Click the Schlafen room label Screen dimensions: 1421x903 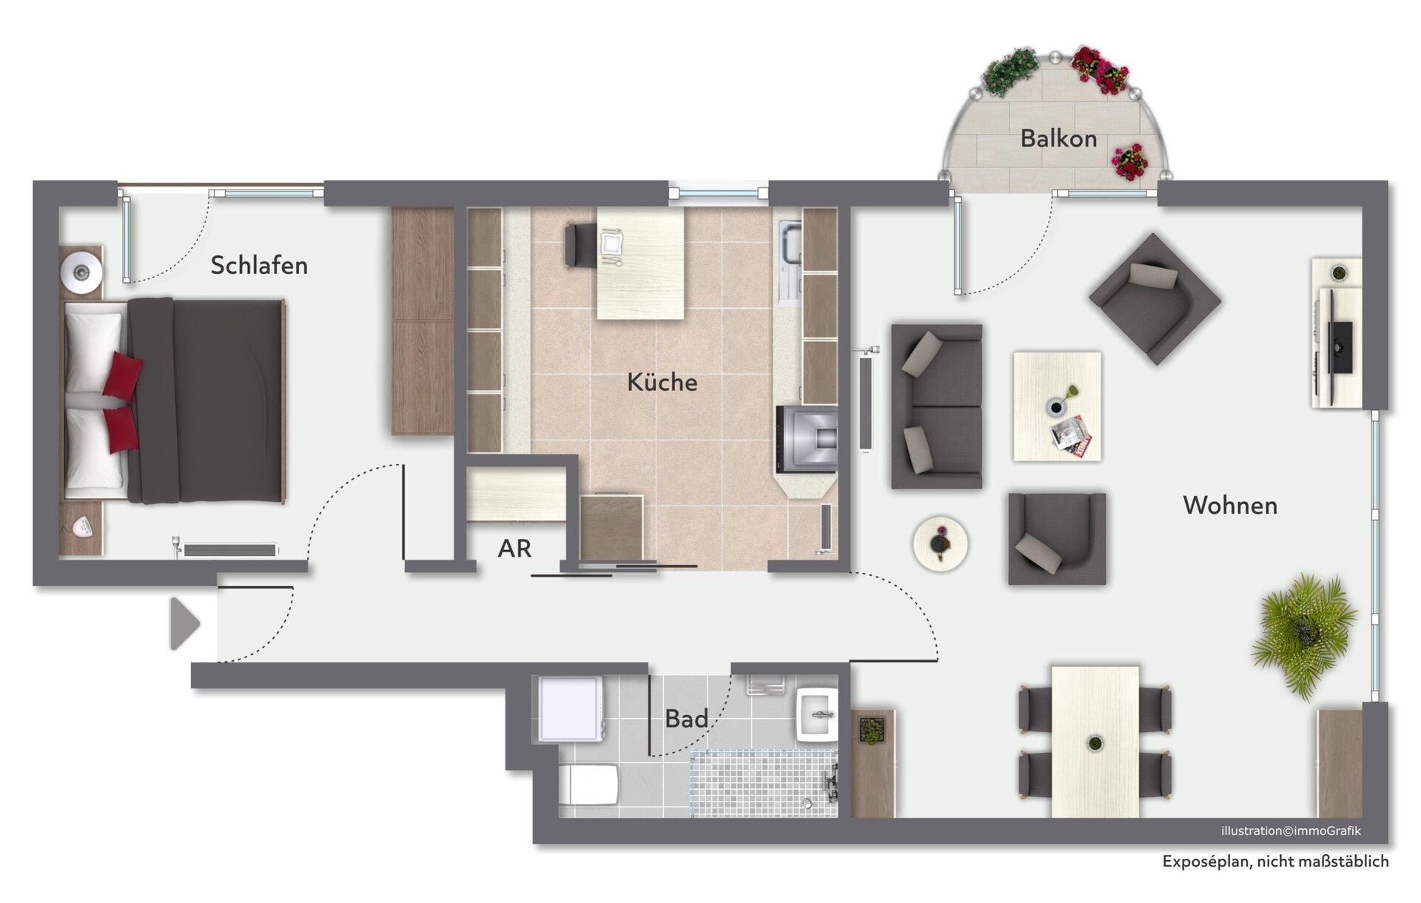[x=259, y=265]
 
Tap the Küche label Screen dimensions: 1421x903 [x=662, y=382]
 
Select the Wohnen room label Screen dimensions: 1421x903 [x=1230, y=506]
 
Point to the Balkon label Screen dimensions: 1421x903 [x=1058, y=138]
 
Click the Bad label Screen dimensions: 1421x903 [x=686, y=718]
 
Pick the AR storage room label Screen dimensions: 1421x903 [x=514, y=548]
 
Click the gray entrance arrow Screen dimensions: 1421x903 [x=185, y=624]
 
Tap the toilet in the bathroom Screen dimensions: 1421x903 [x=588, y=785]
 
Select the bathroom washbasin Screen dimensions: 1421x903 [x=817, y=714]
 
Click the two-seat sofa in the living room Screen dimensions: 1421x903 [x=936, y=406]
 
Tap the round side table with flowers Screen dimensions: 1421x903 [x=940, y=544]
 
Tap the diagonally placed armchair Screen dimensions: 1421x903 [x=1155, y=299]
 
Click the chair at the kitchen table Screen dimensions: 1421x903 [x=580, y=244]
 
